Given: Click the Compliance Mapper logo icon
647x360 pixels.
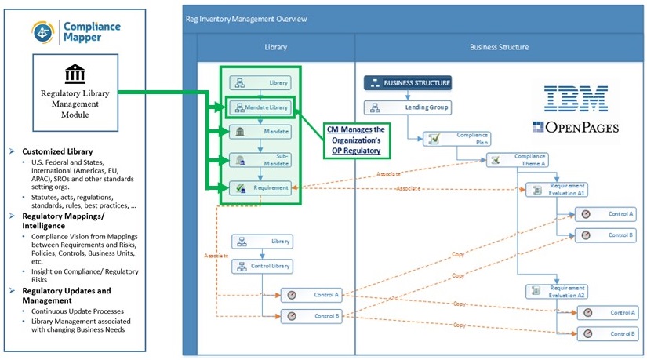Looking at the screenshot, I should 42,31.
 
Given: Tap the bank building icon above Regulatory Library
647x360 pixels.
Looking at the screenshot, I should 75,75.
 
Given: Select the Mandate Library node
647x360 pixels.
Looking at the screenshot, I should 260,107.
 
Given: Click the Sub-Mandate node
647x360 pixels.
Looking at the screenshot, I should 260,160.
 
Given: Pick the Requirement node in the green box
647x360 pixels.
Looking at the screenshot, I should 260,187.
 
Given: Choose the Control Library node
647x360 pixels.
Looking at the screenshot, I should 261,267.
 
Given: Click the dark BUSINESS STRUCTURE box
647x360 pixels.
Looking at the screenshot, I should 408,82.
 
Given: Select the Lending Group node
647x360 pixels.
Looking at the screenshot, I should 408,107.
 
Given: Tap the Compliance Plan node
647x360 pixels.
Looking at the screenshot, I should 458,139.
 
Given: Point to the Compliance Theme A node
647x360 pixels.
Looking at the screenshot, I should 518,160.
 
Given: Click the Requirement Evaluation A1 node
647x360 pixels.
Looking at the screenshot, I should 556,189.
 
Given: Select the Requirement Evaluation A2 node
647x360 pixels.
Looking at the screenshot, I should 556,291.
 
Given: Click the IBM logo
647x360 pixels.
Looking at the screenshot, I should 576,99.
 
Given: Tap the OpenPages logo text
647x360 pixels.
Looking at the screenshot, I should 575,128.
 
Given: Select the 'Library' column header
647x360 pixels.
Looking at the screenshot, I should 275,47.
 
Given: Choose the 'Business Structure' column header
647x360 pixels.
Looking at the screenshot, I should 499,47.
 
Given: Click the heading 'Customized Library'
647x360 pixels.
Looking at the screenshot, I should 57,151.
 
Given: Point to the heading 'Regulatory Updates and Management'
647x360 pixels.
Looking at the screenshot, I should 69,296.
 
